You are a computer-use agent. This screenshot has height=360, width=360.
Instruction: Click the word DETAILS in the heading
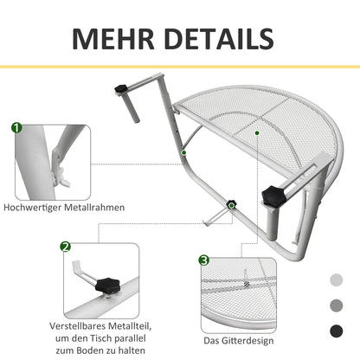pyautogui.click(x=222, y=39)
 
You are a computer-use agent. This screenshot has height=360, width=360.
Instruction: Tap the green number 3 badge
pyautogui.click(x=203, y=260)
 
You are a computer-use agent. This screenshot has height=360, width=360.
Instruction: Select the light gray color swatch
pyautogui.click(x=336, y=280)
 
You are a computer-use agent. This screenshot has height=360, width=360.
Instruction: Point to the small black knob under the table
pyautogui.click(x=232, y=206)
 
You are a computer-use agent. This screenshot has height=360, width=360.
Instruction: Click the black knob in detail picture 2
pyautogui.click(x=107, y=284)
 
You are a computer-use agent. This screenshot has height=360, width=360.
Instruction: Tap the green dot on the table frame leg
pyautogui.click(x=183, y=152)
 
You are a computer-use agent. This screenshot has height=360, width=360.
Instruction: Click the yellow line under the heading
pyautogui.click(x=180, y=67)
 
